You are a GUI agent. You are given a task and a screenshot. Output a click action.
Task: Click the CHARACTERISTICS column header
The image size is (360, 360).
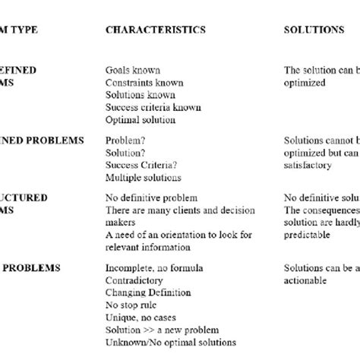(155, 30)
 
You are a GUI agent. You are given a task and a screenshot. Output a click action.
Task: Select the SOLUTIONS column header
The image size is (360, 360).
(314, 30)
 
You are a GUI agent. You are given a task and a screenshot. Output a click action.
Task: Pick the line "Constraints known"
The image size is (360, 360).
(141, 83)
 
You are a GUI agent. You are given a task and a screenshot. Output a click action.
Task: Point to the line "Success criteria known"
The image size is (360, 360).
(153, 107)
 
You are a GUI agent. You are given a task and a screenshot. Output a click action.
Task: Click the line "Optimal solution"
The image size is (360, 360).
(140, 119)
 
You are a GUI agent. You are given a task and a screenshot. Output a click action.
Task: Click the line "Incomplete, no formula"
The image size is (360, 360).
(152, 268)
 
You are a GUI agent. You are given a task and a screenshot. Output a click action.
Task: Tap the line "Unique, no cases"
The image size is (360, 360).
(140, 317)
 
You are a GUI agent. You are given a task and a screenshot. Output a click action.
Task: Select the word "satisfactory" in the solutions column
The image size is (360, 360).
(310, 165)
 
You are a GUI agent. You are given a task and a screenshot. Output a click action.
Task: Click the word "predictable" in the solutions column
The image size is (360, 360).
(308, 235)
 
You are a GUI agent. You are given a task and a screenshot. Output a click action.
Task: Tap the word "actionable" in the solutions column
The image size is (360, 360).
(306, 280)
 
